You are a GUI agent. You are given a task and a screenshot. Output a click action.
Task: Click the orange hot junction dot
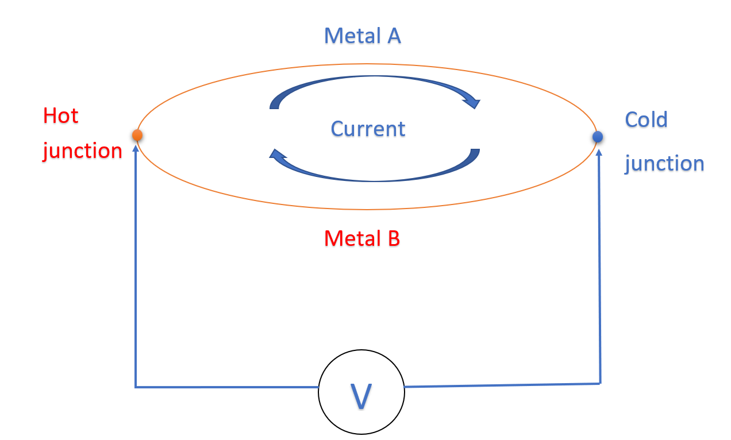137,135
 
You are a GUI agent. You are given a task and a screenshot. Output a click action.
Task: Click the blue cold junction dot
598,137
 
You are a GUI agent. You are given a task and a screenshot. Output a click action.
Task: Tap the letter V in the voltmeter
361,396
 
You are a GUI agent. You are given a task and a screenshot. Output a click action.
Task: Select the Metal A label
362,36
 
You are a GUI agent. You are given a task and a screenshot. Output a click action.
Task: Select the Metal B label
361,238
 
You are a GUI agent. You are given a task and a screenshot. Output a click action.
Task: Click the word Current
368,129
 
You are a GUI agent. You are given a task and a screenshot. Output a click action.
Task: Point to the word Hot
60,116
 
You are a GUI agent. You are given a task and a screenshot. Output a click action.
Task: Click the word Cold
646,120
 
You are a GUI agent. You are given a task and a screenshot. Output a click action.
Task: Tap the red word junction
82,151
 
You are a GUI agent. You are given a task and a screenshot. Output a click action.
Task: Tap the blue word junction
664,164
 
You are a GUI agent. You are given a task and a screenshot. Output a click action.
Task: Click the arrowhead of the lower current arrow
278,155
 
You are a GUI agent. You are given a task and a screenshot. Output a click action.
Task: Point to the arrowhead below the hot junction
136,147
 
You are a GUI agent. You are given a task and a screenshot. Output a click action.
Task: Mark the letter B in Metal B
393,238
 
